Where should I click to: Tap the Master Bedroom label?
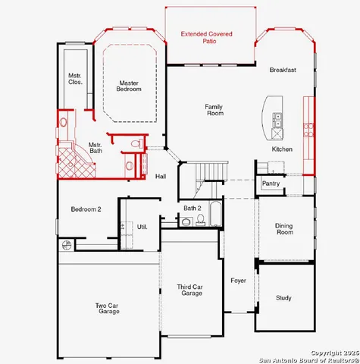tap(129, 86)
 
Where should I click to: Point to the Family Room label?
tap(214, 110)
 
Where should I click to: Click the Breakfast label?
tap(282, 70)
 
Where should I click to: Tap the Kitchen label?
tap(282, 149)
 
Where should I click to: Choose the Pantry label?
tap(271, 184)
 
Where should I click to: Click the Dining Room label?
tap(284, 228)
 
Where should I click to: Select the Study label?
tap(283, 298)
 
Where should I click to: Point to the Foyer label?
tap(238, 281)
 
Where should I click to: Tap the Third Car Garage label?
tap(189, 290)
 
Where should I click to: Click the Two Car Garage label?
tap(108, 309)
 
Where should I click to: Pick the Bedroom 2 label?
tap(86, 209)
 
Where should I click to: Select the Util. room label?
tap(142, 226)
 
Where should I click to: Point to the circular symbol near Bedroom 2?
tap(67, 245)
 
